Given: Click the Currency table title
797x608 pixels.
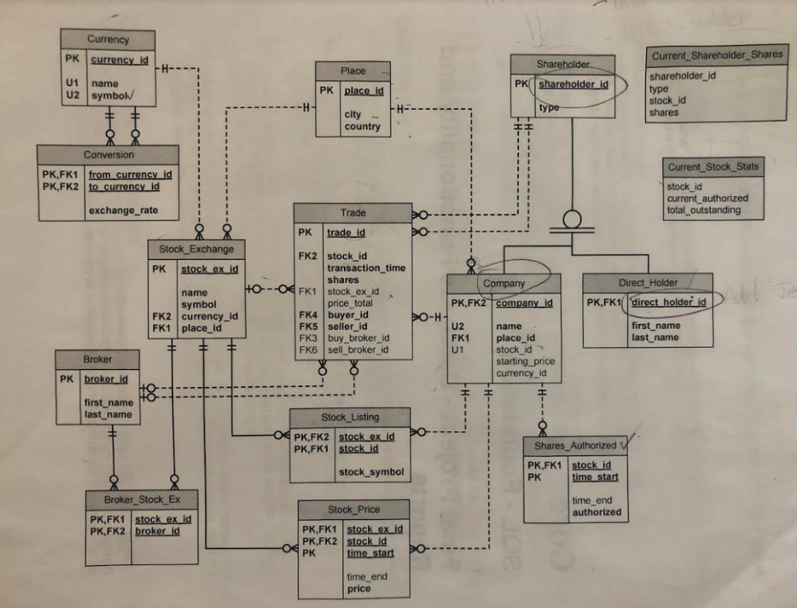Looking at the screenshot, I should (108, 39).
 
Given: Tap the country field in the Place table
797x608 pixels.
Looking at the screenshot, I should (362, 126).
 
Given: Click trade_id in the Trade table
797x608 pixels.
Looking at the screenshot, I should (346, 232).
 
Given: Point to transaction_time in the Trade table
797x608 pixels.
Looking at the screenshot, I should (366, 268).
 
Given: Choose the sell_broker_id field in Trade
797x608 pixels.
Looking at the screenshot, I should (358, 350).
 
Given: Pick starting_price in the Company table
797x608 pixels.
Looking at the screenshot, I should (525, 361).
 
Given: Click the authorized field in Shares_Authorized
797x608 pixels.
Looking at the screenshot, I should (596, 512).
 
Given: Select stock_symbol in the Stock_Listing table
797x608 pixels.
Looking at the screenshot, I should (371, 472).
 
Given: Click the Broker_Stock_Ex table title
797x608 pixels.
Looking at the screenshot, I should (141, 499).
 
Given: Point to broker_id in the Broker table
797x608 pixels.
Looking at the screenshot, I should (106, 379).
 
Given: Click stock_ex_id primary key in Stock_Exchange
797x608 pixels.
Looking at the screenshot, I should (209, 269).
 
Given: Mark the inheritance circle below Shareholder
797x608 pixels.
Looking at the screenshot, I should (572, 217).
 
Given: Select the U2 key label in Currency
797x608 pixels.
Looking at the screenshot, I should (71, 95).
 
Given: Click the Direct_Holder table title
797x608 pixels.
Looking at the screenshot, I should (648, 283).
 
